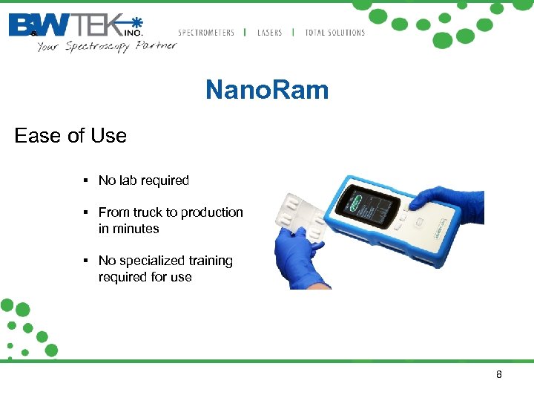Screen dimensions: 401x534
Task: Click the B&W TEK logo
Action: click(74, 25)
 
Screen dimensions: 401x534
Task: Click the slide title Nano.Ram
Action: click(267, 91)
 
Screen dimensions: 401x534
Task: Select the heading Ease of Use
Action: click(70, 136)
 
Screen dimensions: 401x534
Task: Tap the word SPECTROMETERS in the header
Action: click(206, 33)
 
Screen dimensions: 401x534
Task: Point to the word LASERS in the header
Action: click(269, 33)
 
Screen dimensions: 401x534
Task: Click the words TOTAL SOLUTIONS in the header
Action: click(334, 33)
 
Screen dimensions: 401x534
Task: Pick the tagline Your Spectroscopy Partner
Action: click(107, 46)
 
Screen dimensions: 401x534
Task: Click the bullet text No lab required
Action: click(143, 180)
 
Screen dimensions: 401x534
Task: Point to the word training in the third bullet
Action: click(211, 261)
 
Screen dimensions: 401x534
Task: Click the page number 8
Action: click(498, 374)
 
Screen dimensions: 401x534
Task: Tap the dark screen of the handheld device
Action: click(369, 205)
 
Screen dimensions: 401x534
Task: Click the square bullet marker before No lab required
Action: click(87, 180)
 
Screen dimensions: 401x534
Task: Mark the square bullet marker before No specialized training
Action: click(87, 261)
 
